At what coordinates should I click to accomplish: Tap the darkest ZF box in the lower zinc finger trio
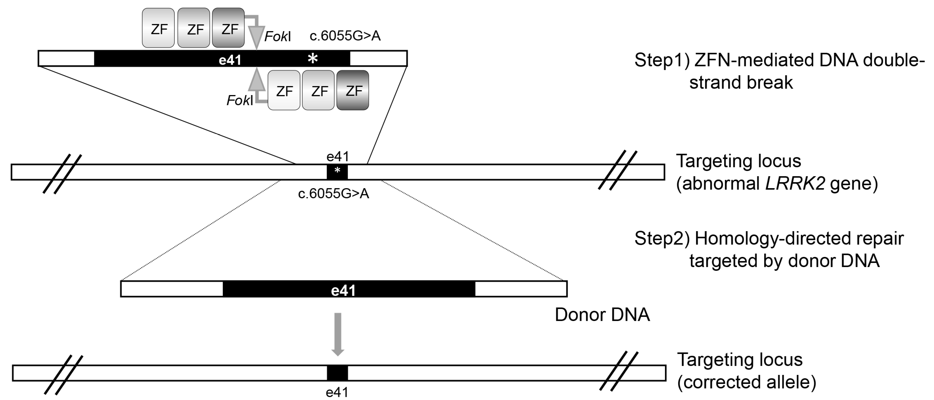click(x=352, y=90)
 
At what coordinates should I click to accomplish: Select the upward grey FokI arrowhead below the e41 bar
click(x=256, y=79)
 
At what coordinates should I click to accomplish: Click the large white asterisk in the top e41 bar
click(x=313, y=58)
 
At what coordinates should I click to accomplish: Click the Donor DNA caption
click(x=602, y=315)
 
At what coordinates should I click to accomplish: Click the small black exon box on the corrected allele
click(x=337, y=373)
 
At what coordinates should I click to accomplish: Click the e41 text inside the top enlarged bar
click(x=230, y=60)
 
